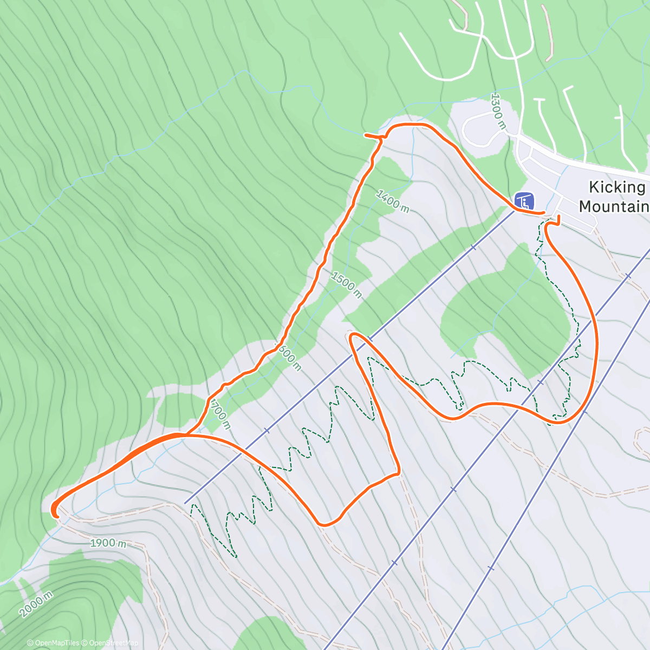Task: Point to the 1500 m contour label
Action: pyautogui.click(x=346, y=285)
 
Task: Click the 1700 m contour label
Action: pyautogui.click(x=220, y=414)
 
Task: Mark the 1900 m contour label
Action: pyautogui.click(x=108, y=543)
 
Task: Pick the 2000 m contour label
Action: pyautogui.click(x=36, y=604)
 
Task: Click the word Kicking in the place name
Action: pyautogui.click(x=617, y=187)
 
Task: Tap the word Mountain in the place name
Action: pyautogui.click(x=614, y=206)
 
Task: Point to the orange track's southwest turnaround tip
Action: pyautogui.click(x=54, y=511)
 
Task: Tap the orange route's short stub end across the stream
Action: pyautogui.click(x=366, y=135)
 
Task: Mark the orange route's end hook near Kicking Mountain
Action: pyautogui.click(x=558, y=218)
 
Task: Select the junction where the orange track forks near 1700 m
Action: pyautogui.click(x=187, y=434)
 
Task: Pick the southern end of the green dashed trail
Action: pyautogui.click(x=236, y=556)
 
